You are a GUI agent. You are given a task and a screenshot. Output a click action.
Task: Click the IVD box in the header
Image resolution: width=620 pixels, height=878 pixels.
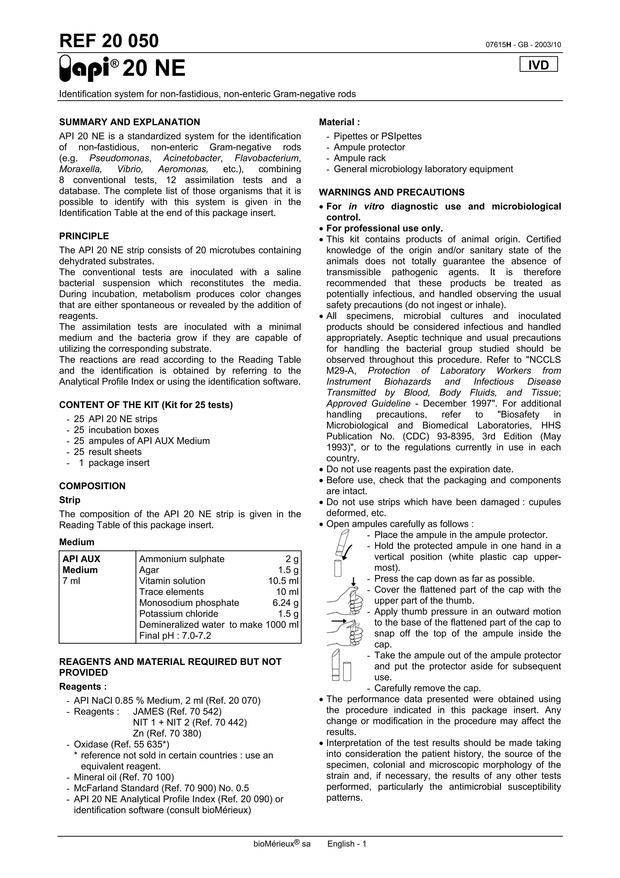point(538,65)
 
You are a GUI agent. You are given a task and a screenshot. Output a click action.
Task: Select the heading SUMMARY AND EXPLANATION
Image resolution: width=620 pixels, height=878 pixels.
point(130,122)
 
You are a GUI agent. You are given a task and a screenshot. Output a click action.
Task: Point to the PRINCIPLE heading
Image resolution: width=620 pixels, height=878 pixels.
point(84,236)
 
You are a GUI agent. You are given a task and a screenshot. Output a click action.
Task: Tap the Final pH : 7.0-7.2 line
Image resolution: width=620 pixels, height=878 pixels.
point(175,636)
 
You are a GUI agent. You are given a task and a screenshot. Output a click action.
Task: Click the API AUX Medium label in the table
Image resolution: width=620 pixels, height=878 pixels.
point(81,564)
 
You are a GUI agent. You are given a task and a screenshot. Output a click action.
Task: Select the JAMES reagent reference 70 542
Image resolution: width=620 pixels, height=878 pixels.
point(177,712)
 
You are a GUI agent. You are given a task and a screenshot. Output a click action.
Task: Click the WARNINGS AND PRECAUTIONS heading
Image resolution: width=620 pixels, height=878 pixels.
point(391,192)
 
